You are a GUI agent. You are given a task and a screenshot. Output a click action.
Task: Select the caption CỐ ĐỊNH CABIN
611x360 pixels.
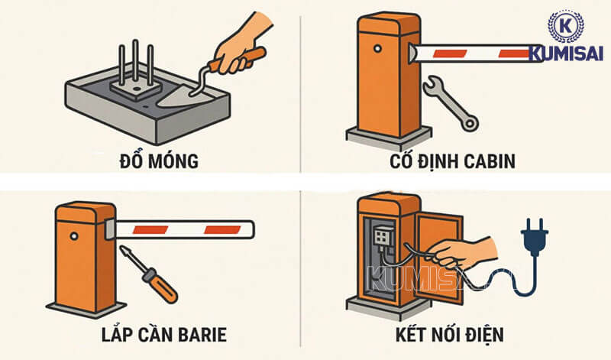[453, 161]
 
